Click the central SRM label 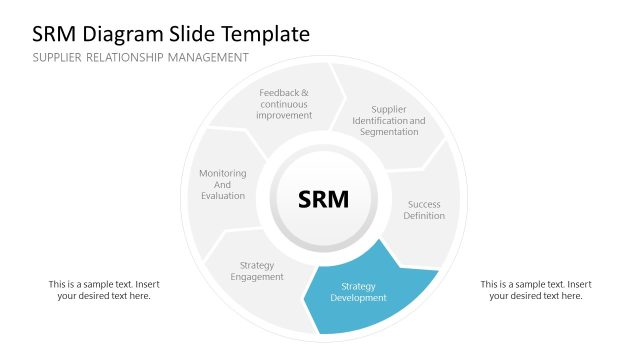(324, 199)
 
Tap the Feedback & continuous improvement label (284, 104)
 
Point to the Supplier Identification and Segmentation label (388, 121)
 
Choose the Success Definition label (424, 210)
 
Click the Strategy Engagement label (257, 271)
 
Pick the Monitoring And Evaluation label (222, 184)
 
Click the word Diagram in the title (126, 34)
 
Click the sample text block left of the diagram (104, 290)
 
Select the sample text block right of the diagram (536, 290)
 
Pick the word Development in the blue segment (358, 298)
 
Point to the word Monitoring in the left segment (222, 173)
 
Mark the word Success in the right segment (424, 204)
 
